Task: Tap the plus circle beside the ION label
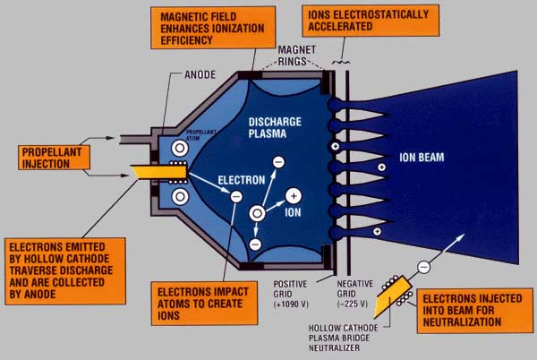pos(292,195)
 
